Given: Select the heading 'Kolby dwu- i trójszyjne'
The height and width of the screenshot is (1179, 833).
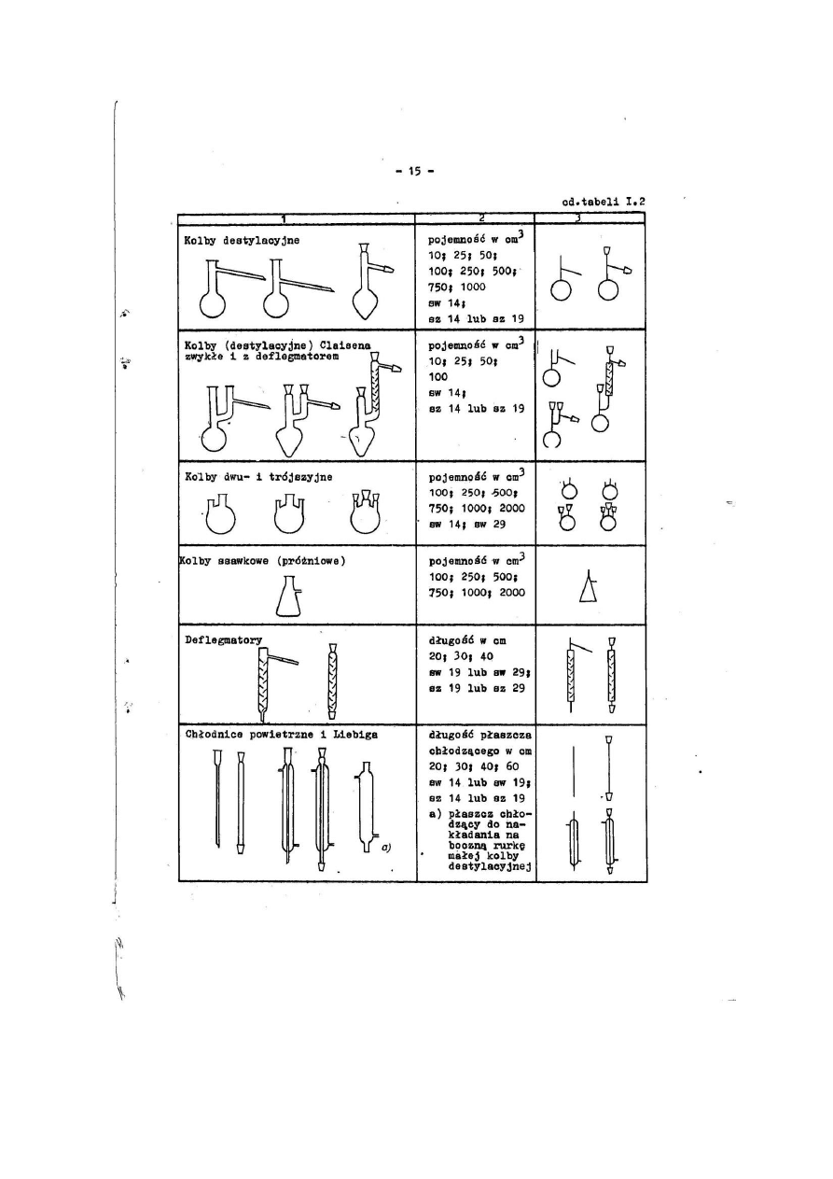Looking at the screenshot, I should pyautogui.click(x=259, y=476).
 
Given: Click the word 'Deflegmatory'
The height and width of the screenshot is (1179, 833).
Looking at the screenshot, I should pyautogui.click(x=224, y=639).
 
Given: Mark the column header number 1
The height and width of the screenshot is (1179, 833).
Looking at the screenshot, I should pyautogui.click(x=283, y=218).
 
